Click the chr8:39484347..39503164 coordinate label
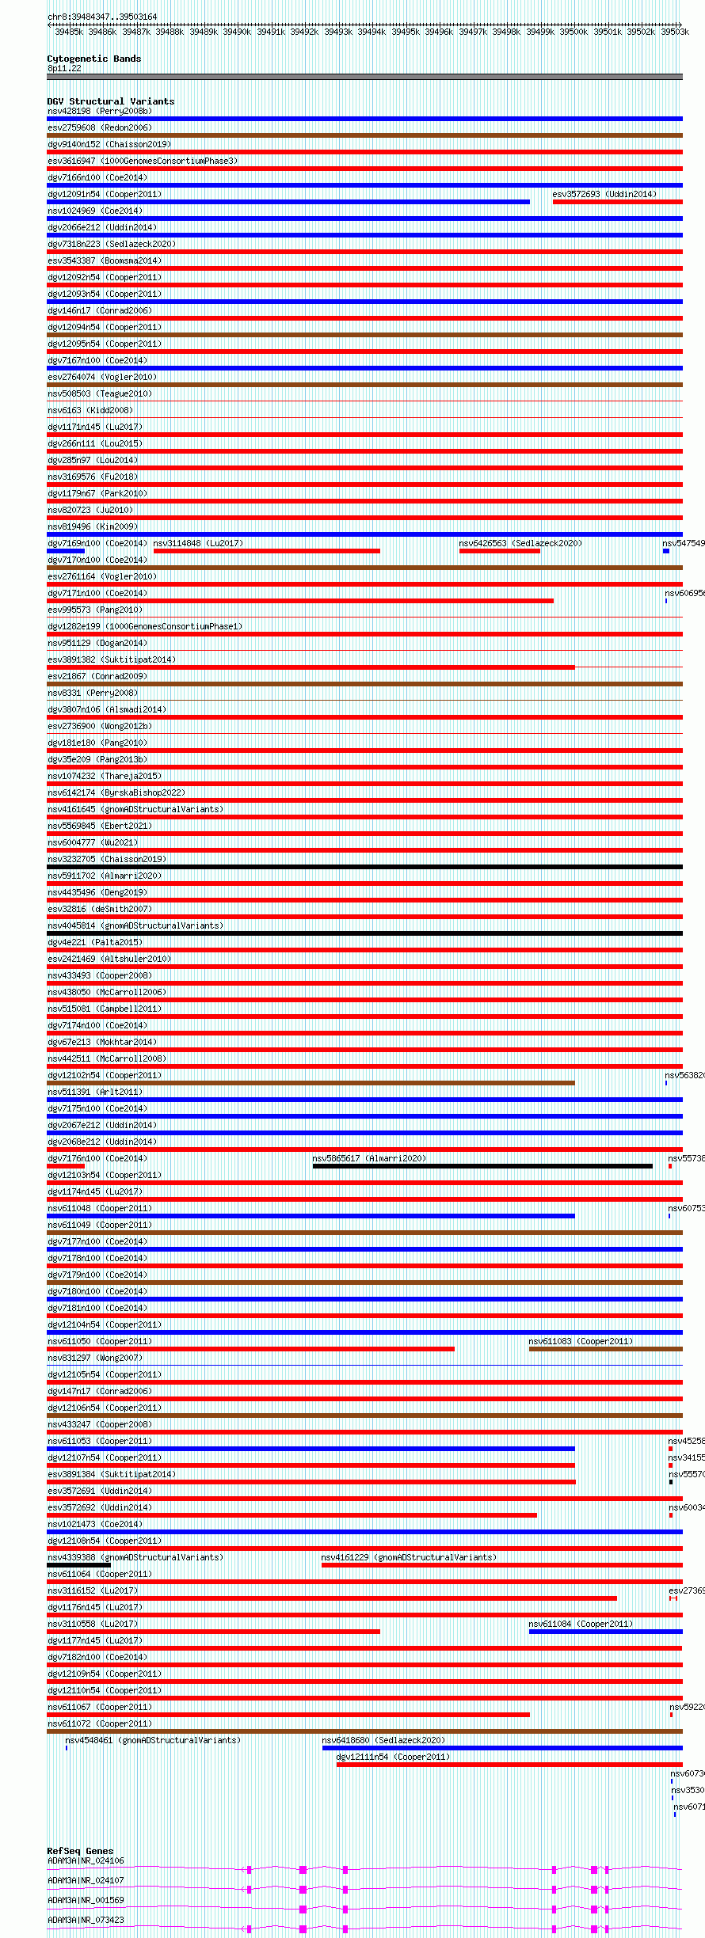[102, 17]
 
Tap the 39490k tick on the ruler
[237, 32]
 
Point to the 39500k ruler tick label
[574, 32]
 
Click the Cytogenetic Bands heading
[93, 59]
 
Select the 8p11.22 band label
[64, 69]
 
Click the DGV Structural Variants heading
[110, 101]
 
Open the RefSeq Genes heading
[80, 1851]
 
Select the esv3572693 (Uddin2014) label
[604, 194]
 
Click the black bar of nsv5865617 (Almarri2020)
[482, 1166]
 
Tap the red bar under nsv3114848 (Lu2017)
[266, 551]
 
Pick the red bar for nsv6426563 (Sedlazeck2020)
[499, 551]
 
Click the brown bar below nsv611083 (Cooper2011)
[605, 1349]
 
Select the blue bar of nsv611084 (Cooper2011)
[605, 1632]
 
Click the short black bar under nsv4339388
[78, 1565]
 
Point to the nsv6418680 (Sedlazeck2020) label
[383, 1740]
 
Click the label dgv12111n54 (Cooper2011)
[393, 1757]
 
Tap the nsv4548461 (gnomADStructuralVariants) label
[153, 1740]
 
